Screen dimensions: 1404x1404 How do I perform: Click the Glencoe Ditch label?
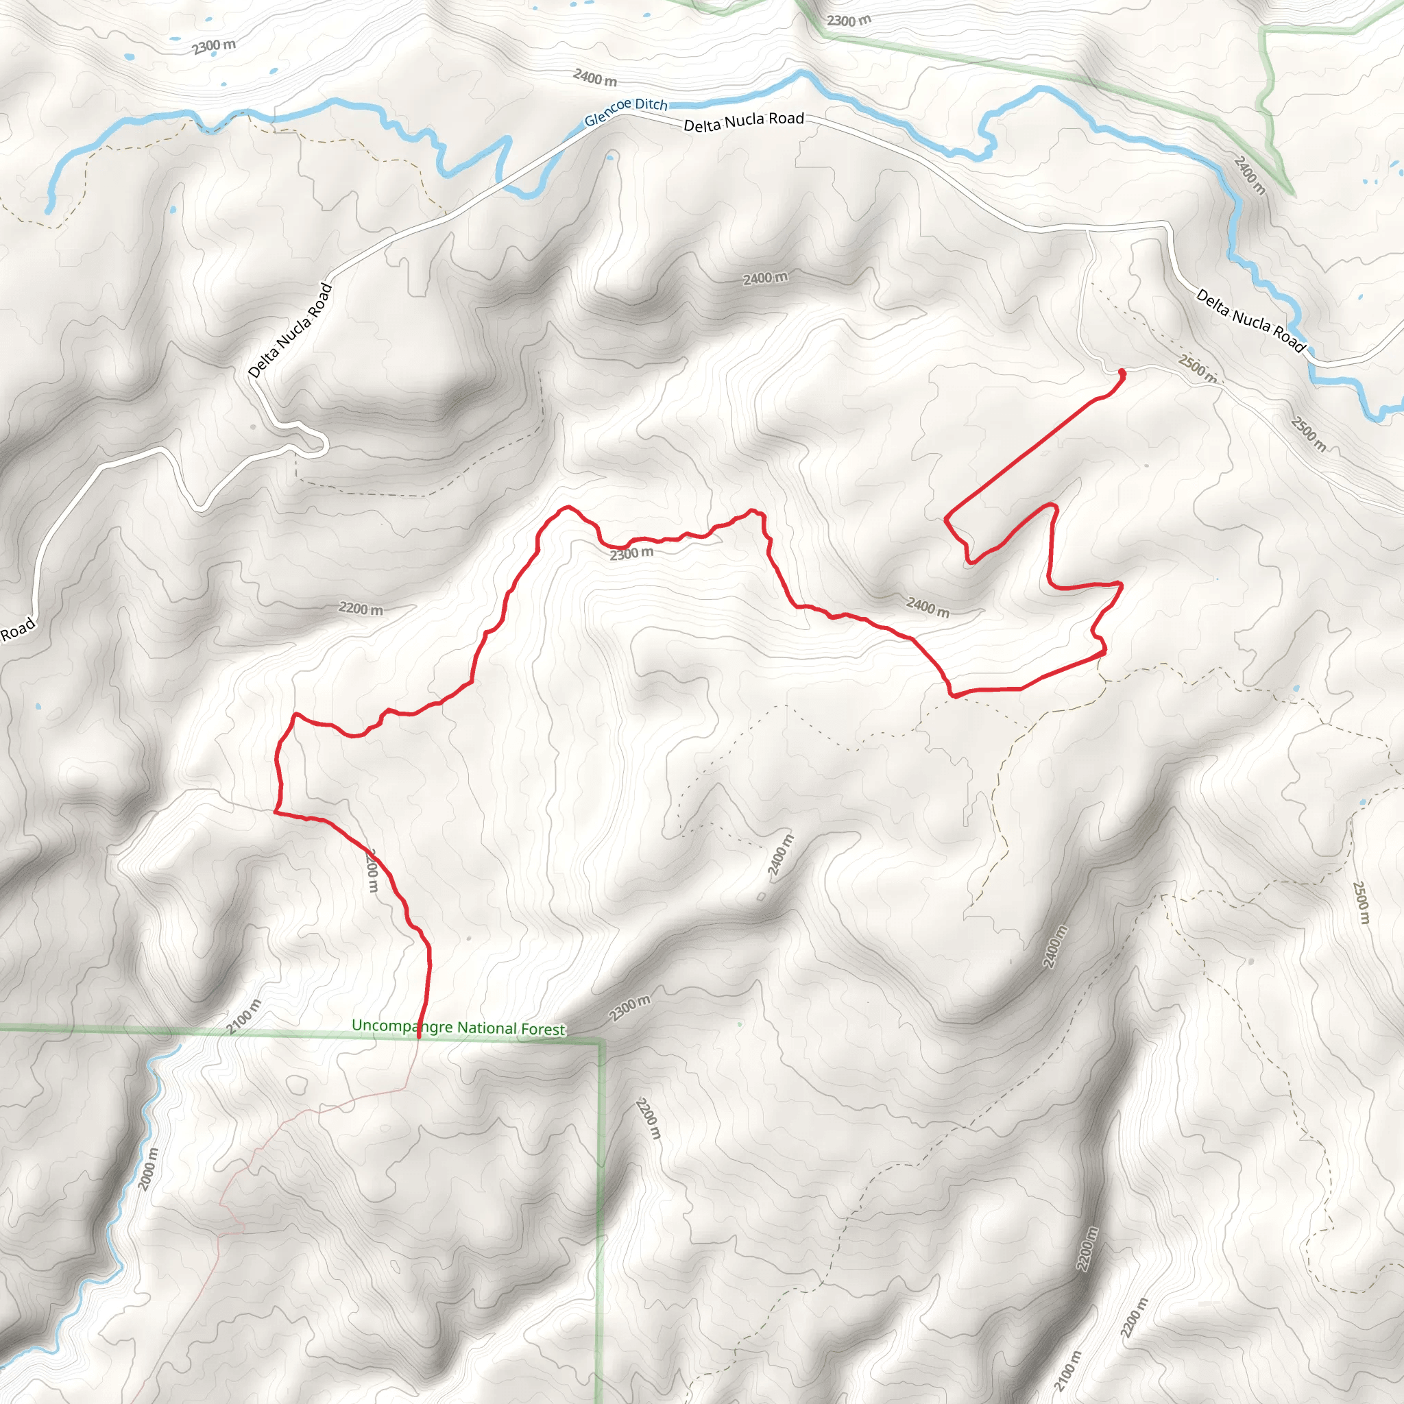point(626,111)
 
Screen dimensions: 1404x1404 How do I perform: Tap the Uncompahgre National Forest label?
point(458,1027)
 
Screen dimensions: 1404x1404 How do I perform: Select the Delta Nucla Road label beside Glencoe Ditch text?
point(743,121)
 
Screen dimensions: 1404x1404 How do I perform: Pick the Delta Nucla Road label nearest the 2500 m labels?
point(1250,319)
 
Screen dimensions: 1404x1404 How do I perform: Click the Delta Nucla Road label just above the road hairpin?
point(290,330)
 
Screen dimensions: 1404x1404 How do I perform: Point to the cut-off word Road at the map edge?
point(17,629)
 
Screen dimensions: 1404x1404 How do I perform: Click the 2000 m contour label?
point(147,1169)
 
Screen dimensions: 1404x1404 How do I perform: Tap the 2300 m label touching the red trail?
point(631,554)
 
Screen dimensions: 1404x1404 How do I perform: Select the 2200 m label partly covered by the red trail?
point(372,870)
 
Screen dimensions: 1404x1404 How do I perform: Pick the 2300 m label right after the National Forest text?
point(629,1008)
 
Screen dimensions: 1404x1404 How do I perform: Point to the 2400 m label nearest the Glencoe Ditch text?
point(594,76)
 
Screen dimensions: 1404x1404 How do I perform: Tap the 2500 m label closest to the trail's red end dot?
point(1196,367)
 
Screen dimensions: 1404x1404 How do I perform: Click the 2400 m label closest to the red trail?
point(928,606)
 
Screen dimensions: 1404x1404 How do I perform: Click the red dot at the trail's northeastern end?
point(1122,373)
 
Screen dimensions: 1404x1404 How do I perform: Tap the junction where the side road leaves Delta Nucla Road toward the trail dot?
point(1088,230)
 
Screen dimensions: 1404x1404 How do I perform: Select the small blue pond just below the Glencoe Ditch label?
point(609,157)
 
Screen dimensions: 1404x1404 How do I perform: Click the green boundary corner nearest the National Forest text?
point(602,1041)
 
